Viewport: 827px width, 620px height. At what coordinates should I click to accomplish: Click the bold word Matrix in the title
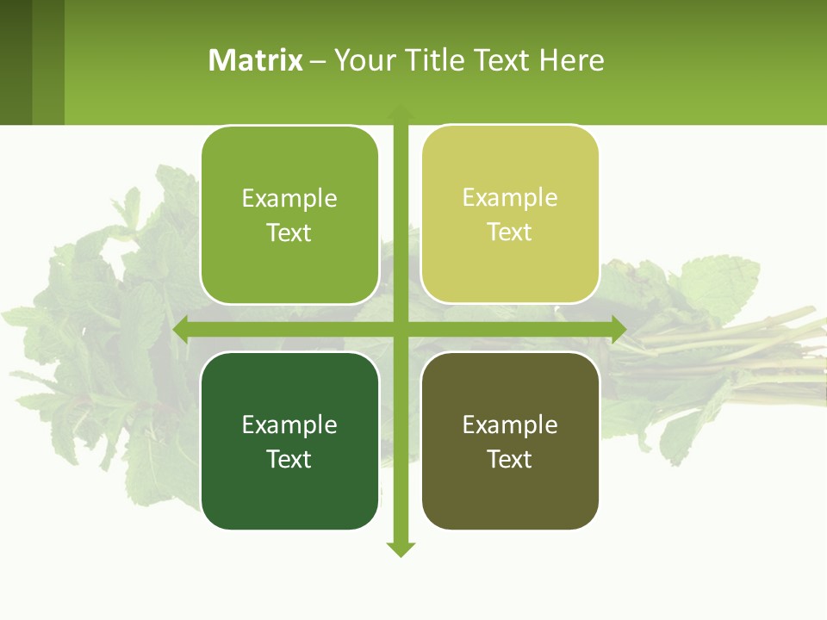click(x=256, y=60)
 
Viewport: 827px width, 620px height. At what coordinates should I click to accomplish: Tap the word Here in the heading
click(x=572, y=60)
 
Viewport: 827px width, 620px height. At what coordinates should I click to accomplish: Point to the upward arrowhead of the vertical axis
click(x=401, y=113)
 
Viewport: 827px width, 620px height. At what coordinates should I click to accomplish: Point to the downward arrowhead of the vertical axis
click(x=401, y=549)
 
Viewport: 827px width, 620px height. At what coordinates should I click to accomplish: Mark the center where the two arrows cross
click(x=401, y=329)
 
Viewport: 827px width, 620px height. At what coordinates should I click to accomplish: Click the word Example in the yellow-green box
click(x=510, y=197)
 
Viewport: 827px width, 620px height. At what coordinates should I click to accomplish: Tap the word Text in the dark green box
click(x=289, y=459)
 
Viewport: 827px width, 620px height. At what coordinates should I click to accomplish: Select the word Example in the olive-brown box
click(x=510, y=425)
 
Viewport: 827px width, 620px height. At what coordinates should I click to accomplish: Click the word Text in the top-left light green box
click(x=289, y=232)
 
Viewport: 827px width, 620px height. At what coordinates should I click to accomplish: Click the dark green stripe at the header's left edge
click(x=16, y=62)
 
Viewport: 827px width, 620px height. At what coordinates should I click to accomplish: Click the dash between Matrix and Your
click(x=318, y=61)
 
